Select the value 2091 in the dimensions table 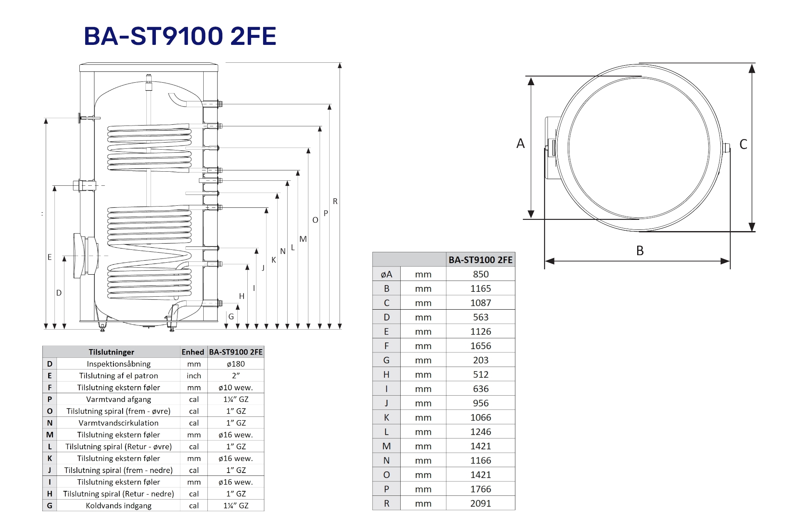click(x=480, y=503)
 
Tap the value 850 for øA click(x=480, y=274)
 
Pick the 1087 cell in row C click(x=480, y=303)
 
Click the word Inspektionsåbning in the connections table click(x=118, y=364)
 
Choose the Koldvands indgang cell click(x=118, y=506)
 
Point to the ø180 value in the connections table click(x=236, y=364)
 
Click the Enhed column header click(x=193, y=352)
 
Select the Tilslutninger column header click(x=111, y=352)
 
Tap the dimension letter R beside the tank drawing click(x=335, y=202)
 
